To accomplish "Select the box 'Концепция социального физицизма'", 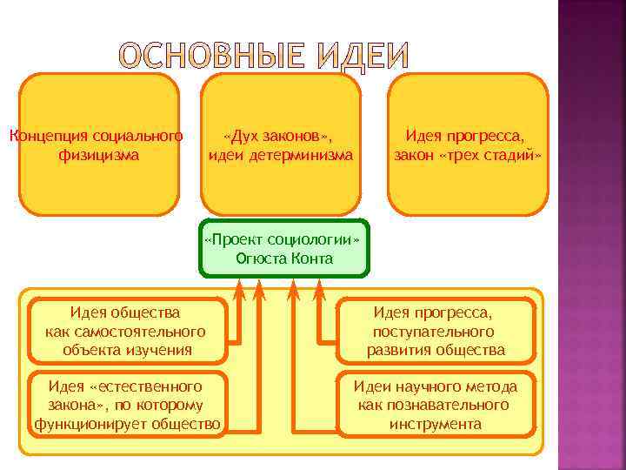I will point(99,144).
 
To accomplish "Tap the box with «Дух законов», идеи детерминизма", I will point(281,144).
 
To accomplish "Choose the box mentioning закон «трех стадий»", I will point(467,144).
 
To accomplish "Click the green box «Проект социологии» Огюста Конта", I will point(283,248).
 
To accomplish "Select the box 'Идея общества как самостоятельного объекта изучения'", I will point(127,331).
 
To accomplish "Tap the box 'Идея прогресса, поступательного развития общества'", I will point(436,331).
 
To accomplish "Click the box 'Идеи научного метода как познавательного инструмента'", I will point(436,405).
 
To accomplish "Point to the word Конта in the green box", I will point(315,258).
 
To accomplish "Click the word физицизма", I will point(99,156).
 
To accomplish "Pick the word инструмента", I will point(436,424).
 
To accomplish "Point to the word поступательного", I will point(433,332).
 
